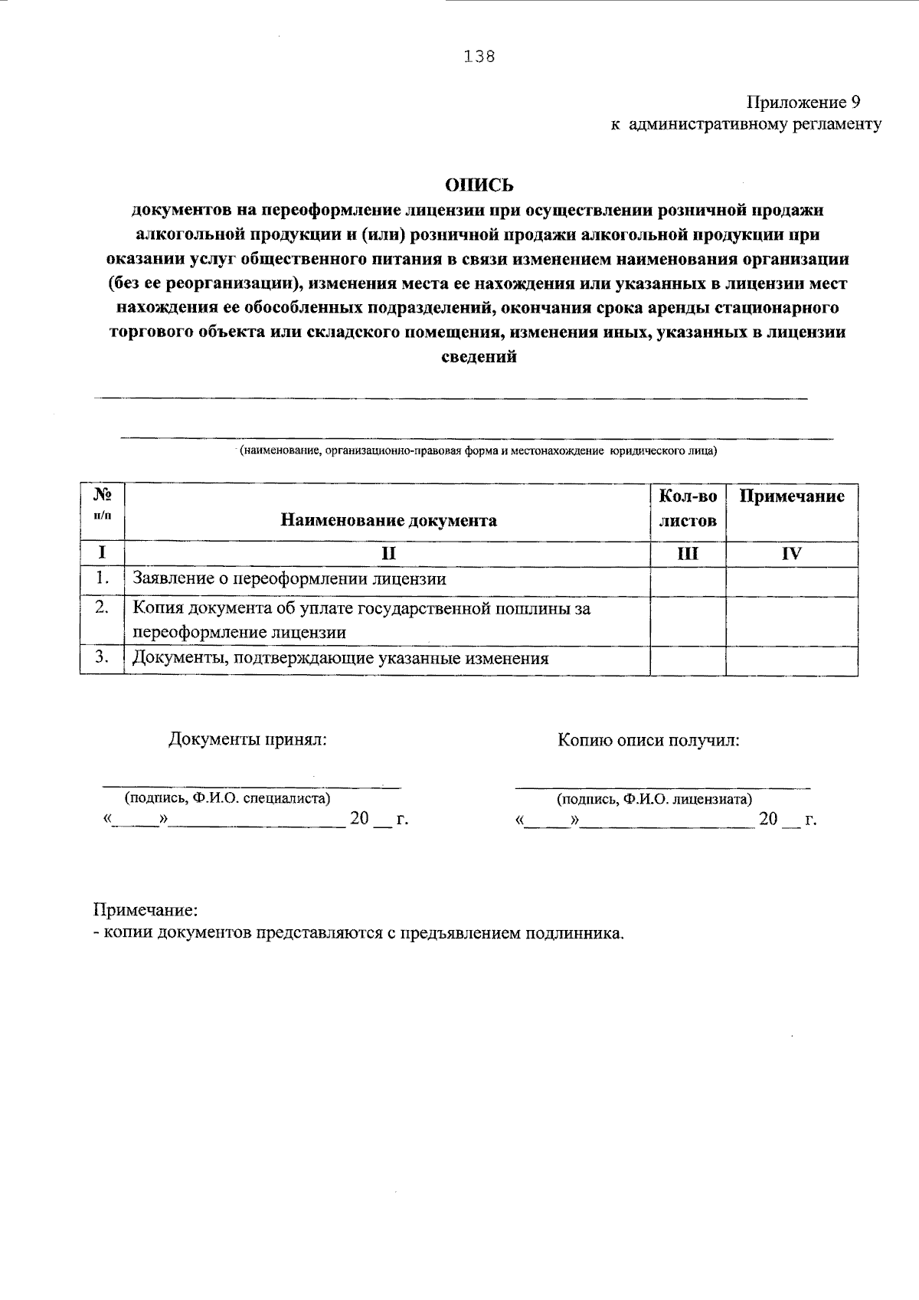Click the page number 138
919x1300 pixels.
pyautogui.click(x=479, y=57)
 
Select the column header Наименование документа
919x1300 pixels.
pyautogui.click(x=388, y=521)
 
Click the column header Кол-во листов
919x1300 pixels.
pyautogui.click(x=688, y=509)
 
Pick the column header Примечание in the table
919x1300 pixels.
pyautogui.click(x=792, y=496)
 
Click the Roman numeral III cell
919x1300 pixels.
pyautogui.click(x=688, y=554)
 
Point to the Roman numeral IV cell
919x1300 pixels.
pyautogui.click(x=792, y=554)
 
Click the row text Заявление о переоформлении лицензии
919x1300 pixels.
pyautogui.click(x=289, y=579)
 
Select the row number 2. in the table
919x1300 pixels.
pyautogui.click(x=101, y=607)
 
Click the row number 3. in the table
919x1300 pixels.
pyautogui.click(x=101, y=657)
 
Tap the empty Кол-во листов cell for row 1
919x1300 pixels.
pyautogui.click(x=688, y=581)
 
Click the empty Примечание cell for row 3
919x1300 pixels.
pyautogui.click(x=792, y=661)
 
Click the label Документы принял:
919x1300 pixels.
pyautogui.click(x=247, y=740)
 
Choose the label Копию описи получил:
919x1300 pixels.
pyautogui.click(x=649, y=740)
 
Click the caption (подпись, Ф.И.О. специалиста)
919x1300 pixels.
pyautogui.click(x=227, y=798)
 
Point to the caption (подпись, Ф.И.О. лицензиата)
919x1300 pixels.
pyautogui.click(x=654, y=799)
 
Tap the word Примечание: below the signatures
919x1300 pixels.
pyautogui.click(x=146, y=910)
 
